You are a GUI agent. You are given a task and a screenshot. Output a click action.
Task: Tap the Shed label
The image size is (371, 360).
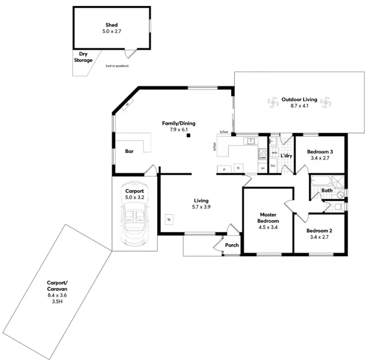coord(112,25)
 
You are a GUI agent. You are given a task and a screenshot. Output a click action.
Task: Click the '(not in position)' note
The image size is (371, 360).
coord(116,65)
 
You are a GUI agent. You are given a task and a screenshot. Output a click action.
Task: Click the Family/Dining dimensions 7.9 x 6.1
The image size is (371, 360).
coord(178,130)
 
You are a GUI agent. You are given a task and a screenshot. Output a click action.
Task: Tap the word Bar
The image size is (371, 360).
coord(129,151)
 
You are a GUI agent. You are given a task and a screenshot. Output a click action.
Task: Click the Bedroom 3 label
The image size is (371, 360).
coord(319,152)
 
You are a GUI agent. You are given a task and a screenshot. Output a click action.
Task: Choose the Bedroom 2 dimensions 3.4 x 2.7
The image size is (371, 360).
coord(319,238)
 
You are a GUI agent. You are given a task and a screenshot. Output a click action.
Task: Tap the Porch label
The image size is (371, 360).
coord(231,245)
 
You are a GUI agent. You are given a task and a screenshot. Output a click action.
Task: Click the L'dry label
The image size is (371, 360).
coord(286,156)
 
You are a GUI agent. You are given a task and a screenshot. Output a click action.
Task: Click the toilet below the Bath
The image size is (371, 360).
coord(338,206)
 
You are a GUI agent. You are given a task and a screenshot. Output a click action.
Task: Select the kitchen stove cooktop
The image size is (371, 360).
coord(262,154)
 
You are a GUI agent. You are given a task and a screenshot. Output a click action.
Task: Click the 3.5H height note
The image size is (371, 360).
coord(58,302)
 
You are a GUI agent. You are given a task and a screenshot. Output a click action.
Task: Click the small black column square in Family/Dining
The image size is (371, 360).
coord(188,136)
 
